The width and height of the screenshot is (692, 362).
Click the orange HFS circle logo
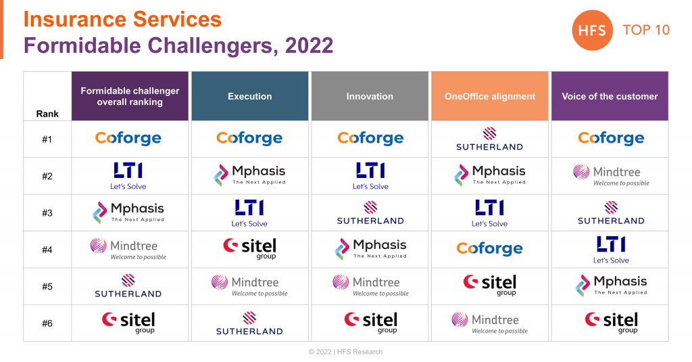click(x=593, y=30)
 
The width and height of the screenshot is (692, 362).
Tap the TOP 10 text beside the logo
click(x=646, y=30)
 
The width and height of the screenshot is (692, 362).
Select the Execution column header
click(x=249, y=96)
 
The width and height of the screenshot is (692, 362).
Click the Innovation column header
click(x=370, y=96)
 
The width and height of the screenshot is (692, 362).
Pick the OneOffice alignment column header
click(x=489, y=96)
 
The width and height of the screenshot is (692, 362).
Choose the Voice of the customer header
click(x=610, y=96)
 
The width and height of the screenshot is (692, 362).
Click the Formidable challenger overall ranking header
click(x=130, y=96)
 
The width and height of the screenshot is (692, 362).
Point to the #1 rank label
click(x=47, y=139)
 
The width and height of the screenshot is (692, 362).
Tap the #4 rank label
click(x=47, y=250)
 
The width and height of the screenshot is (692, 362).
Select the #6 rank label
click(x=47, y=323)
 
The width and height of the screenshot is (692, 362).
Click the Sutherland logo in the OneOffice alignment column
click(x=489, y=139)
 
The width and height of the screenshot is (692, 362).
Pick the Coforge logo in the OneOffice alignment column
click(x=489, y=249)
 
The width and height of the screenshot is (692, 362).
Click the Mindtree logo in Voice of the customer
click(x=610, y=175)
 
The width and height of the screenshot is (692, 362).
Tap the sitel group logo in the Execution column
click(x=249, y=248)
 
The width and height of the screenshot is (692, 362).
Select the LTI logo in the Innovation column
click(x=370, y=175)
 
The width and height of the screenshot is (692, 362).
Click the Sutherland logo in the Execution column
click(x=249, y=323)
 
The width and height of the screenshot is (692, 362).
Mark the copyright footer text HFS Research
click(x=345, y=352)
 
